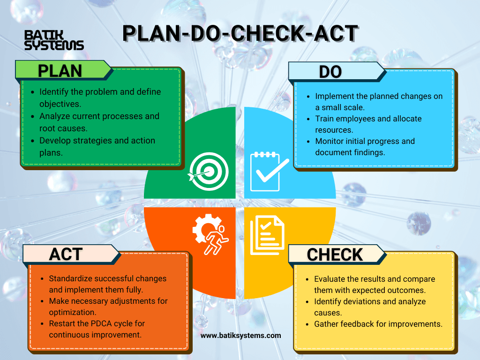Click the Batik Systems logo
(53, 40)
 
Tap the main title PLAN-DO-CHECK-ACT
(240, 34)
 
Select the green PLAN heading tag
(60, 70)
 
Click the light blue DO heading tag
(330, 71)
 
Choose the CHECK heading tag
(335, 254)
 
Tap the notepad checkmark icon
(267, 171)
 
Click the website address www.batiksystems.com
(241, 335)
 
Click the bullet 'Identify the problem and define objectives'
(100, 97)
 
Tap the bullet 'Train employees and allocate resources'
(368, 124)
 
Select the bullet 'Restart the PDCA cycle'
(97, 329)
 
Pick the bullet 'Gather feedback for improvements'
(378, 324)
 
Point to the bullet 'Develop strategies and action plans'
(97, 146)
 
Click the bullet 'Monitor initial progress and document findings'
(365, 147)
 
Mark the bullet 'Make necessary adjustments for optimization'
(108, 307)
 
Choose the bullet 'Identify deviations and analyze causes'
(370, 307)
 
